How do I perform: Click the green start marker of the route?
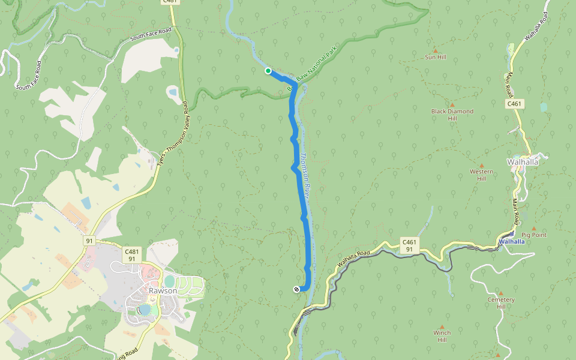268,71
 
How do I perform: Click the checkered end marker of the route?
297,290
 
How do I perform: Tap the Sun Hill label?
436,58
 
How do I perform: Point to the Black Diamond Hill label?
452,115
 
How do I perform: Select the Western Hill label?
481,175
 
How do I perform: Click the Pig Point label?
534,235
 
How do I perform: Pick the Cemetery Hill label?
501,303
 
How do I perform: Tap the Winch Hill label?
442,336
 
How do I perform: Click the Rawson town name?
163,290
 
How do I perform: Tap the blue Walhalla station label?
511,242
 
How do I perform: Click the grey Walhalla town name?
523,162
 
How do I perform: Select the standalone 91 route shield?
89,241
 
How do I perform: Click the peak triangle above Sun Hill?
436,50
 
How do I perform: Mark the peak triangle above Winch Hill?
442,325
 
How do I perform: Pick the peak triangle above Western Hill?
481,165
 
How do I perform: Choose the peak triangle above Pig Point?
533,228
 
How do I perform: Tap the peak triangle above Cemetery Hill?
497,355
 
